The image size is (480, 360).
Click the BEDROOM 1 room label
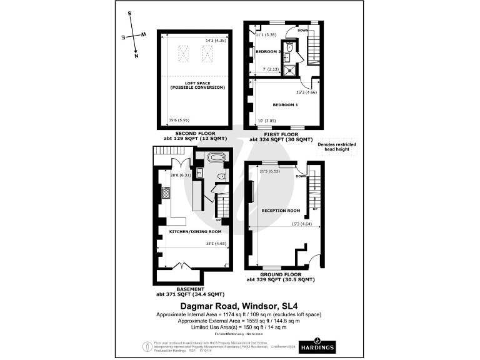[x=285, y=104]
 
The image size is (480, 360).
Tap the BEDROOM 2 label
[x=269, y=51]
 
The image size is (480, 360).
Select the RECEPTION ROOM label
[x=281, y=211]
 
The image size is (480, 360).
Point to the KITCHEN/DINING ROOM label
[x=186, y=231]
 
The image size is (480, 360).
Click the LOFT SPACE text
[x=197, y=84]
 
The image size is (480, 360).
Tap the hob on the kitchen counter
[x=166, y=193]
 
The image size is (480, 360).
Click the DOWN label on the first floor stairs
[x=302, y=30]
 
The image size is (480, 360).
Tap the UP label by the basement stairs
[x=218, y=220]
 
